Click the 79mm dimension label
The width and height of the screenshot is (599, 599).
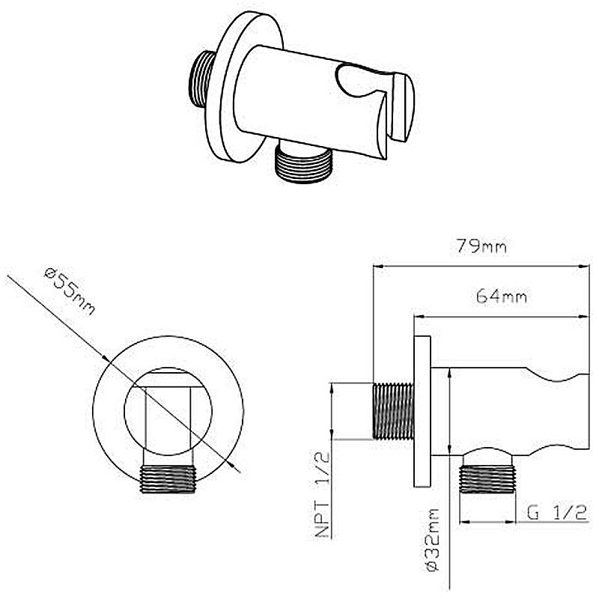(x=481, y=246)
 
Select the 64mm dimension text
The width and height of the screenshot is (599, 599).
(x=502, y=296)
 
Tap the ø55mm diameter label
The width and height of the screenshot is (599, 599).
(x=69, y=291)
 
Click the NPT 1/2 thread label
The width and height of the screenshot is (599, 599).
(x=323, y=495)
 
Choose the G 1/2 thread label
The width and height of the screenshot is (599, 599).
(x=556, y=512)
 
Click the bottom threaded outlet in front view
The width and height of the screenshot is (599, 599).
(x=168, y=479)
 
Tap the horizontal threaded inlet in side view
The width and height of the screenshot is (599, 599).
(x=393, y=411)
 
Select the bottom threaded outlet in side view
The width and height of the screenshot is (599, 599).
(x=487, y=479)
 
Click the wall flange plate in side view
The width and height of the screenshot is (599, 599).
(x=422, y=411)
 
